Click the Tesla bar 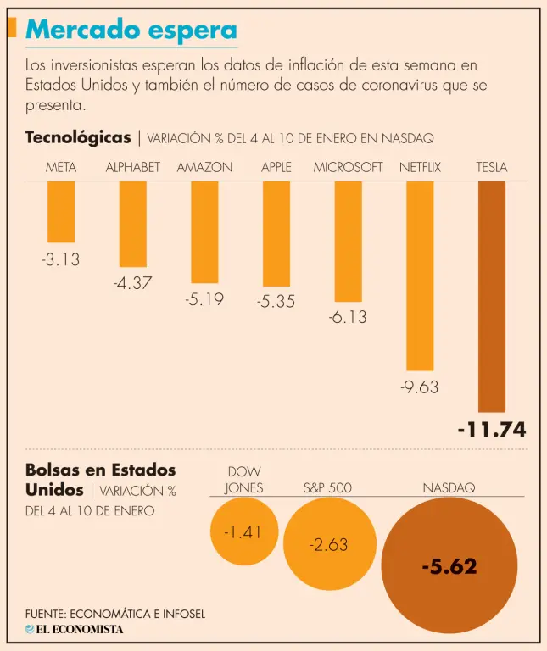[x=492, y=297]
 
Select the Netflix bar [x=420, y=275]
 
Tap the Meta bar [x=61, y=212]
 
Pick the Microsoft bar [x=348, y=242]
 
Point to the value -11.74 [x=492, y=431]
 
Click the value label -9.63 [x=419, y=387]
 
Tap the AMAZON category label [x=204, y=168]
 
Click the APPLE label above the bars [x=276, y=168]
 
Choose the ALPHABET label [x=132, y=168]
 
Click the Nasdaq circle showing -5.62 [x=449, y=566]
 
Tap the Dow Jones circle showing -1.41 [x=243, y=532]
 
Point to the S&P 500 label [x=327, y=487]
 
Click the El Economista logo [x=74, y=629]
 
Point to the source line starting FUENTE [x=115, y=613]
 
